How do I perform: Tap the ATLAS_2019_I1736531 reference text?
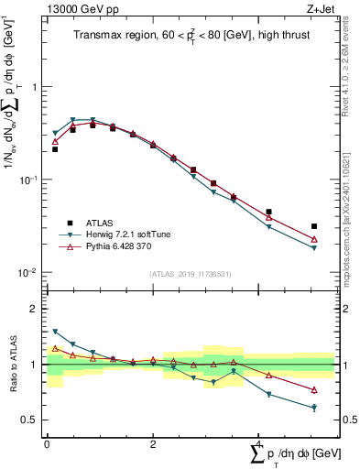191,274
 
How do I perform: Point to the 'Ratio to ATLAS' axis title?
12,365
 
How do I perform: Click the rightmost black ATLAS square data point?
314,226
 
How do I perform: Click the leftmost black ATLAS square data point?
55,148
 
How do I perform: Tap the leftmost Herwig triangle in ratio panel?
55,332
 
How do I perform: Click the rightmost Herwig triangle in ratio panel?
314,408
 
